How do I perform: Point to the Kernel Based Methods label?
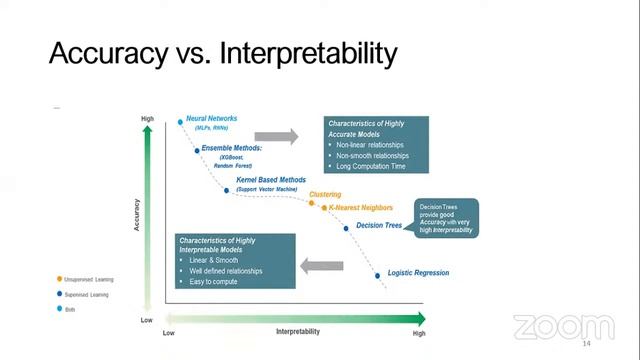(x=271, y=180)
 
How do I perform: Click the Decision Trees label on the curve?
(x=380, y=226)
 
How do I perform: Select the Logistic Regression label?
(x=417, y=273)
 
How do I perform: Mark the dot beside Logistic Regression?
(x=378, y=274)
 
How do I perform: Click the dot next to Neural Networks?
(x=181, y=122)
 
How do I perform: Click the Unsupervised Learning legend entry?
(x=85, y=279)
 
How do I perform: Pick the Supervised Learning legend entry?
(x=84, y=295)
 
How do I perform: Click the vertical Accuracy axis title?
(x=135, y=214)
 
